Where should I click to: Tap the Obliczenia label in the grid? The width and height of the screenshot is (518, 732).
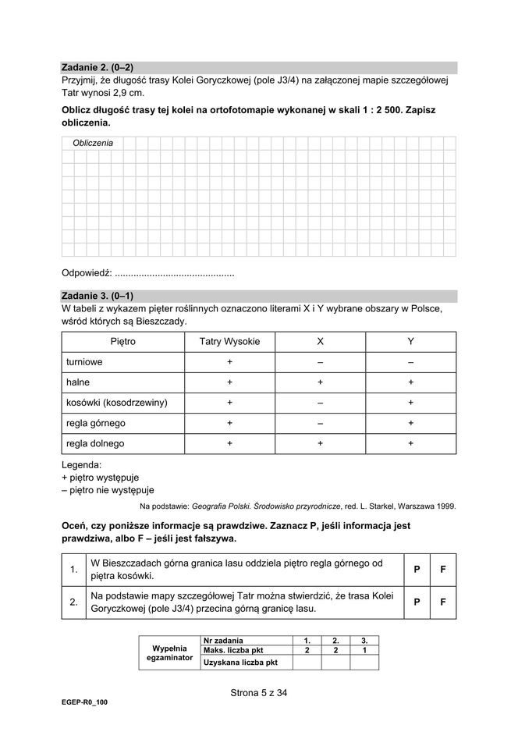[92, 143]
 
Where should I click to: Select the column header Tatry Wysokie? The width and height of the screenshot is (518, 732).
[230, 342]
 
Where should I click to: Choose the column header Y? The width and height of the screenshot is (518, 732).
[410, 342]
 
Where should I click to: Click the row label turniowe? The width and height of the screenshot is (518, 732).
[84, 362]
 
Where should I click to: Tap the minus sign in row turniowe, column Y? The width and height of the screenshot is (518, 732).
[410, 362]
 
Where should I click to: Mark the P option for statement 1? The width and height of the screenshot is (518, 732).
[417, 569]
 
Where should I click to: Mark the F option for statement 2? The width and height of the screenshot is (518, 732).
[443, 602]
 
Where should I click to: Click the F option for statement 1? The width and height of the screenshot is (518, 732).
[443, 569]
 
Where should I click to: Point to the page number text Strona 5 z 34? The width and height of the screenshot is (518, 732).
[259, 691]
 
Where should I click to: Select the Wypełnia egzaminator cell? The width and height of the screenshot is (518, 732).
[169, 653]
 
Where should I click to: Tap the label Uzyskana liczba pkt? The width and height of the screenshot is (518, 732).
[240, 663]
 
